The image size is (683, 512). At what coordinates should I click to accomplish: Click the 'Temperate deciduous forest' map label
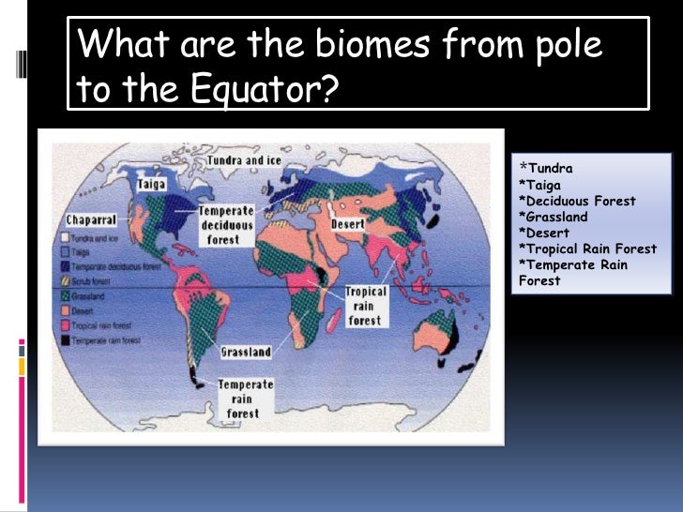click(x=224, y=225)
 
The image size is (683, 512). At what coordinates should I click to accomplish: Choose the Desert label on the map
click(x=348, y=225)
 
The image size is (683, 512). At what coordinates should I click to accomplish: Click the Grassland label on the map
click(x=246, y=353)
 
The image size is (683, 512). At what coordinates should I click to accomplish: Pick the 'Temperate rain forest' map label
click(x=246, y=399)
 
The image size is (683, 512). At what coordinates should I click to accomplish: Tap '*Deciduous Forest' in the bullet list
click(x=576, y=202)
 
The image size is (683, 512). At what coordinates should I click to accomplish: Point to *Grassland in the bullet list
click(x=554, y=218)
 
